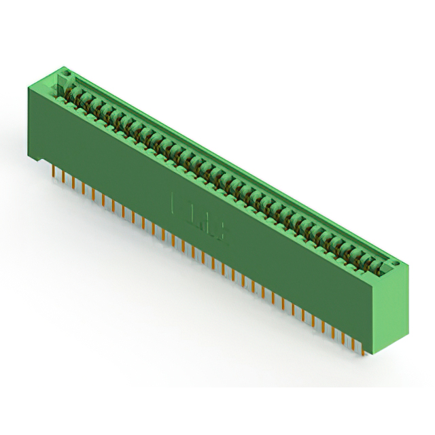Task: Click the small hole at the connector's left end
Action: tap(66, 71)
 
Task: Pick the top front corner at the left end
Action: tap(28, 86)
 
